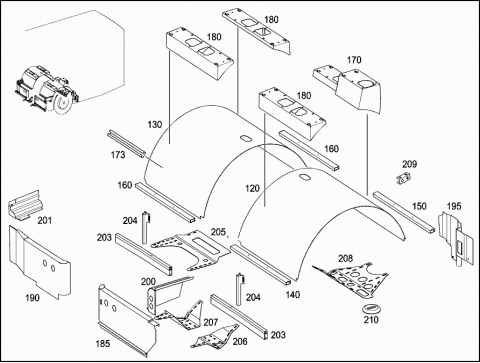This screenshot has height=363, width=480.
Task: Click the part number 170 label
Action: [x=354, y=60]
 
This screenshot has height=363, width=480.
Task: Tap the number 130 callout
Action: [x=155, y=125]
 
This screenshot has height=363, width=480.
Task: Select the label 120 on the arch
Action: [x=252, y=189]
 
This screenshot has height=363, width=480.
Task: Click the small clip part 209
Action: [x=403, y=178]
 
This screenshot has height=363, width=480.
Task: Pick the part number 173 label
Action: [x=118, y=155]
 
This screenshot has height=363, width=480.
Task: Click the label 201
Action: [x=44, y=221]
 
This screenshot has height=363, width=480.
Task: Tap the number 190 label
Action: [x=32, y=298]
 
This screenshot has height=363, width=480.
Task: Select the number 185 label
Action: [x=103, y=343]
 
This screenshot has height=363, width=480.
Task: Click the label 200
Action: [x=148, y=282]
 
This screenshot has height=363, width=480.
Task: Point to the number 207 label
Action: [x=211, y=322]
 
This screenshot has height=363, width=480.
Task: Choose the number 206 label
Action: [x=240, y=341]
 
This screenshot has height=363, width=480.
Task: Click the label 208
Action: [x=345, y=258]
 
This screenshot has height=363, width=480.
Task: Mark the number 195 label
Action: [x=454, y=206]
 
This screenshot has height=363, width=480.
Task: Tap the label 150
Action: [x=419, y=206]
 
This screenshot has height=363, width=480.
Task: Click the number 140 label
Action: [x=293, y=295]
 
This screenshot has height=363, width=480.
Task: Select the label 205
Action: [x=218, y=232]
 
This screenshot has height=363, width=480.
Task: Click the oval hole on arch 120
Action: [x=304, y=177]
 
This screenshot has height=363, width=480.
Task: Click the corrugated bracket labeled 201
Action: [x=24, y=205]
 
